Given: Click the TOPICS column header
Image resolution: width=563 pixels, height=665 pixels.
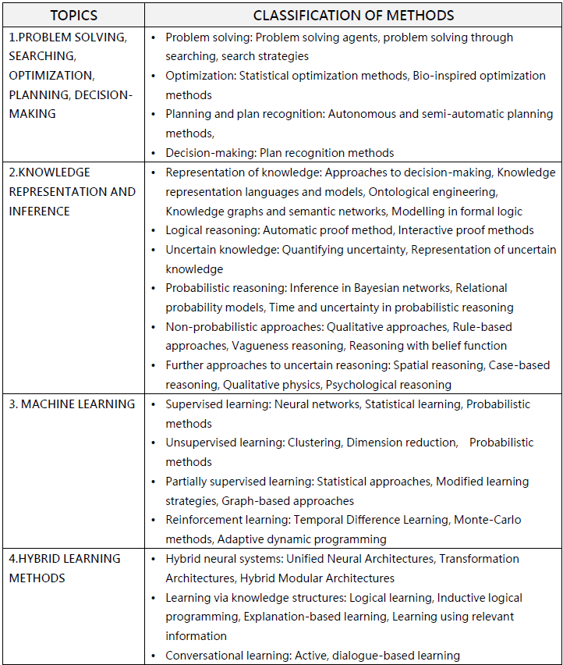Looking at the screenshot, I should [x=73, y=16].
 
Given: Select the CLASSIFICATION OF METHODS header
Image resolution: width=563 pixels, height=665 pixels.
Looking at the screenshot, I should [x=353, y=16].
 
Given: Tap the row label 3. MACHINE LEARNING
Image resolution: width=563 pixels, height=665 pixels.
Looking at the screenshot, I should [x=72, y=404].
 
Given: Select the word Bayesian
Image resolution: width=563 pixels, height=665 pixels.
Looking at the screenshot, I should [x=366, y=288].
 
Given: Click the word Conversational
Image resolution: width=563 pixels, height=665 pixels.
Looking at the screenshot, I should [x=205, y=656].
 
